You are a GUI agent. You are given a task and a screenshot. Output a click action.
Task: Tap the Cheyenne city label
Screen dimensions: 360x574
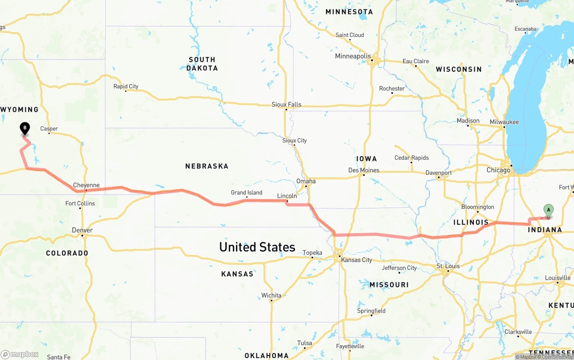click(x=86, y=185)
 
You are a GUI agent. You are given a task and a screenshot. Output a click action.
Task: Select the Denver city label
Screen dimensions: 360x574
click(x=83, y=230)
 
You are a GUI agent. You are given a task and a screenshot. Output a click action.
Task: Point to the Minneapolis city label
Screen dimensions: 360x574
click(x=353, y=56)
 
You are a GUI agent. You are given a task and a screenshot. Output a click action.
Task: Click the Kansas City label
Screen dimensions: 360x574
click(x=357, y=260)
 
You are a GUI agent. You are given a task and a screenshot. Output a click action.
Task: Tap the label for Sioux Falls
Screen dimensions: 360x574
click(x=286, y=104)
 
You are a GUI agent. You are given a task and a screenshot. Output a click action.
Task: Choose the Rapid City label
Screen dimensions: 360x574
click(x=126, y=87)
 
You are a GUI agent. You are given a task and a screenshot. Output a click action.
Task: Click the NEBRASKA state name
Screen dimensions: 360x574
click(x=207, y=166)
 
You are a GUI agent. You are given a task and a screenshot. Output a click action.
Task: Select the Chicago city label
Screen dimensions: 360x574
click(x=498, y=170)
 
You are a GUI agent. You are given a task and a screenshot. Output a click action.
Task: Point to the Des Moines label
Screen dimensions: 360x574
click(x=364, y=170)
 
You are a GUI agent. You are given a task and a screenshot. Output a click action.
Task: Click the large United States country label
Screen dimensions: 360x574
click(x=257, y=247)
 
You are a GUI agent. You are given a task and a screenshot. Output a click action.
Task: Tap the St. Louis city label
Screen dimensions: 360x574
click(x=448, y=266)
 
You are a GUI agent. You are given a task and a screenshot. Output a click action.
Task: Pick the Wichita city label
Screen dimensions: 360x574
click(x=271, y=295)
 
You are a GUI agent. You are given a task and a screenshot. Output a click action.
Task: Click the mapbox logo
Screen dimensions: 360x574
click(x=20, y=354)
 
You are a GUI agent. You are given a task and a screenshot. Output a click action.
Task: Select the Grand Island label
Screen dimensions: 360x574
click(x=247, y=192)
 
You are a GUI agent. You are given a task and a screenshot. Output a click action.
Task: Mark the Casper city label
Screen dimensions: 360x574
click(x=49, y=129)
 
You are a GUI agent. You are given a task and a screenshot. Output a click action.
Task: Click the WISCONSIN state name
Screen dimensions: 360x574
click(x=459, y=69)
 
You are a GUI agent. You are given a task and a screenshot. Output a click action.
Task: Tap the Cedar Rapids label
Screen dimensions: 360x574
click(x=411, y=158)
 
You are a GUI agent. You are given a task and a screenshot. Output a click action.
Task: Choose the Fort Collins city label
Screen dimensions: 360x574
click(x=80, y=203)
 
